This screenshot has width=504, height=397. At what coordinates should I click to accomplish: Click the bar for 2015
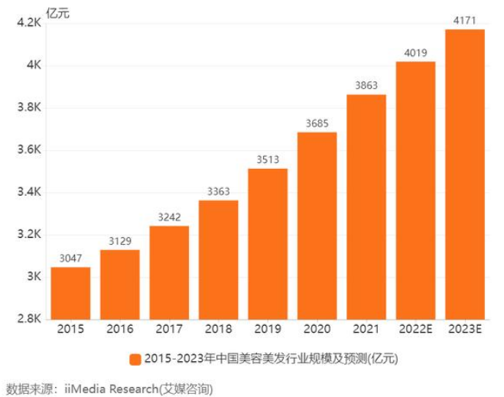pyautogui.click(x=70, y=293)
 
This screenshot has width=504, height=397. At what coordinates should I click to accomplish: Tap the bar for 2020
pyautogui.click(x=317, y=226)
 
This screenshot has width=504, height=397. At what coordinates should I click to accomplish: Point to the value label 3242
pyautogui.click(x=169, y=218)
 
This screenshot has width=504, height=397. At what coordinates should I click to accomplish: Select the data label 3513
pyautogui.click(x=268, y=161)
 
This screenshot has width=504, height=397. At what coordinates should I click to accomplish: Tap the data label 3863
pyautogui.click(x=366, y=86)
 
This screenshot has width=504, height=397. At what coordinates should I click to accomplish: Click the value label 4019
pyautogui.click(x=415, y=54)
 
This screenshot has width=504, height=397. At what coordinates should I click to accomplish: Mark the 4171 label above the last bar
pyautogui.click(x=464, y=21)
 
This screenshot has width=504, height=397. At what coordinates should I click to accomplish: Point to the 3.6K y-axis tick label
pyautogui.click(x=28, y=151)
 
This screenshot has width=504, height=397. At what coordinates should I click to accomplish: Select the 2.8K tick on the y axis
pyautogui.click(x=28, y=320)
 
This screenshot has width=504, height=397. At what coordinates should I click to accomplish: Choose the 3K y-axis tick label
pyautogui.click(x=34, y=277)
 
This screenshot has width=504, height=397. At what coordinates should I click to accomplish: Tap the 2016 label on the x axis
pyautogui.click(x=119, y=330)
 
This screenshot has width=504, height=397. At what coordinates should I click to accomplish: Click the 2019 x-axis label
pyautogui.click(x=268, y=330)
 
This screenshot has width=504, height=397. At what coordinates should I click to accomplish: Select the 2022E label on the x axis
pyautogui.click(x=415, y=330)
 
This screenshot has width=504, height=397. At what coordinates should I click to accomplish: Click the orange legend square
pyautogui.click(x=135, y=359)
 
